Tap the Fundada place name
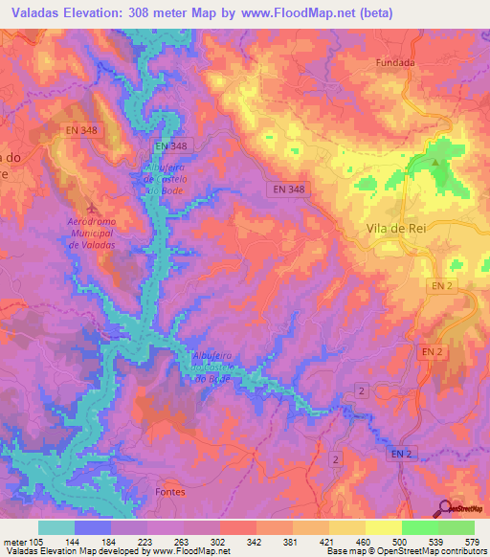[x=393, y=63]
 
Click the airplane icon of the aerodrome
[x=92, y=208]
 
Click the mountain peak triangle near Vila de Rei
[x=437, y=162]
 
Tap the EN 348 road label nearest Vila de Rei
[x=287, y=189]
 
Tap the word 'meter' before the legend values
[x=16, y=541]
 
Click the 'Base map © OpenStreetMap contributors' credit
[x=403, y=551]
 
